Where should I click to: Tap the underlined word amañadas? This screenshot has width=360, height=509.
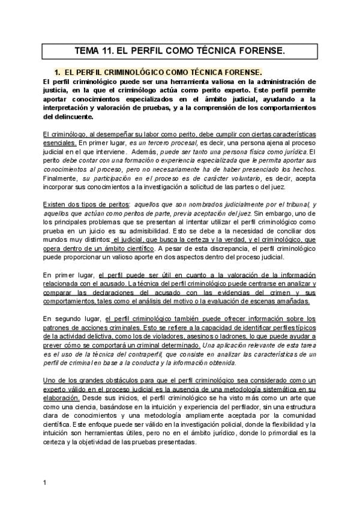coord(292,301)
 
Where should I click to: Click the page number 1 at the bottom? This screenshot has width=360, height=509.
coord(45,482)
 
